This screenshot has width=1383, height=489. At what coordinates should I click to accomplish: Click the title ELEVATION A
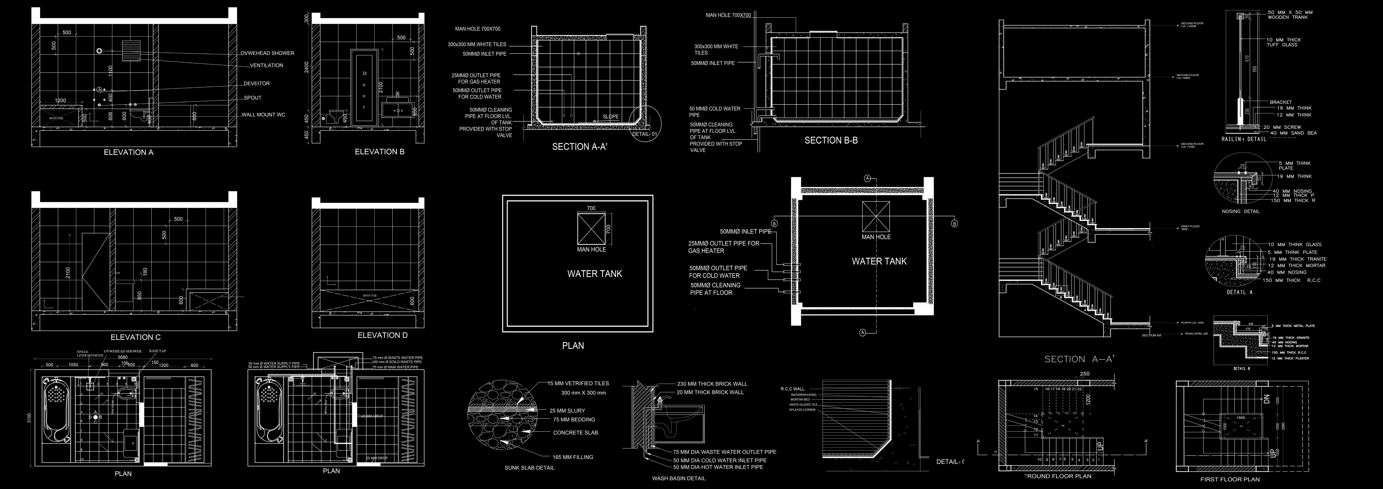(x=128, y=152)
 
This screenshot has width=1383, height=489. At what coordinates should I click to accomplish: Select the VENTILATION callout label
(x=266, y=66)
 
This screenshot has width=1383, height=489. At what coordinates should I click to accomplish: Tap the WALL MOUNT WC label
(x=263, y=115)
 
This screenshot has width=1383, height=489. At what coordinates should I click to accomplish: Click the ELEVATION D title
(x=382, y=335)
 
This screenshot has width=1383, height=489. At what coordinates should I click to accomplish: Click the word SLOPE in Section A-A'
(x=610, y=117)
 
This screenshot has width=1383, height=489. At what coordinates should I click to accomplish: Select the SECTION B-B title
(x=831, y=141)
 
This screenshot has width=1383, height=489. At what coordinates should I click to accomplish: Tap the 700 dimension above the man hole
(x=591, y=208)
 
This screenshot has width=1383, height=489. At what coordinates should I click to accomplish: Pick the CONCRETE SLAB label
(x=575, y=433)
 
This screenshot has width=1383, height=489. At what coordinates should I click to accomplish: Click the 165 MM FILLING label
(x=573, y=457)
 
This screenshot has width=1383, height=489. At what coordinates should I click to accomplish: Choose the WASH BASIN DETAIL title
(x=679, y=478)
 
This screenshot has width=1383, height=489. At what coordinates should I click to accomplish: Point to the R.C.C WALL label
(x=792, y=389)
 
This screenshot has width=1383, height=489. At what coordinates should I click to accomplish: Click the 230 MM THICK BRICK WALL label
(x=712, y=384)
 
